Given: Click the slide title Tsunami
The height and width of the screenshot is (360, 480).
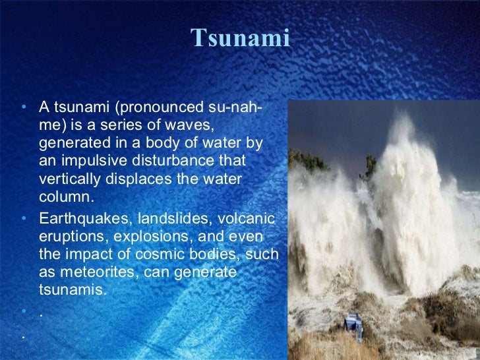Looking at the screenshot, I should (x=241, y=39).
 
